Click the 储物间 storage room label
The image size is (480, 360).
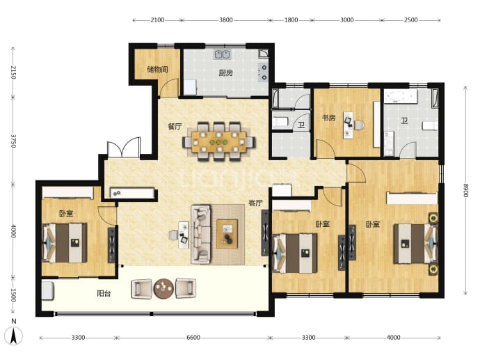click(x=157, y=70)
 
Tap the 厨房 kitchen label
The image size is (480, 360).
click(x=225, y=73)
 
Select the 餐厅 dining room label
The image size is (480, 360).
click(x=175, y=126)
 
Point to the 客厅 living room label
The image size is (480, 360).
click(x=255, y=203)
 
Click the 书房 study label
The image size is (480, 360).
click(x=328, y=118)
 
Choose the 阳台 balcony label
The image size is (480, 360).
click(x=104, y=293)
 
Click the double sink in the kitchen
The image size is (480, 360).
click(x=222, y=54)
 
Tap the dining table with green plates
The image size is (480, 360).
click(x=219, y=142)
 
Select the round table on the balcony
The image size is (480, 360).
click(x=163, y=288)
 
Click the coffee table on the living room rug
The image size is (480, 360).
click(x=227, y=234)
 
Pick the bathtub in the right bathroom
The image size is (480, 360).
click(x=401, y=97)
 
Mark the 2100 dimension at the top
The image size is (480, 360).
click(x=157, y=20)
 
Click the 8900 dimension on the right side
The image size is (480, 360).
click(x=465, y=190)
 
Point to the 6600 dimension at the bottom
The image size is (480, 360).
click(x=193, y=337)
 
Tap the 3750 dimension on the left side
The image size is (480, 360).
click(x=13, y=141)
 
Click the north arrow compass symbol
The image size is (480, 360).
click(x=13, y=335)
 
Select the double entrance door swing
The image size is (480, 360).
click(x=124, y=148)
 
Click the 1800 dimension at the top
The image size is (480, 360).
click(x=291, y=20)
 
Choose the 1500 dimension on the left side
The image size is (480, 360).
click(x=13, y=295)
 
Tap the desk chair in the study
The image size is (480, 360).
click(x=359, y=125)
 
